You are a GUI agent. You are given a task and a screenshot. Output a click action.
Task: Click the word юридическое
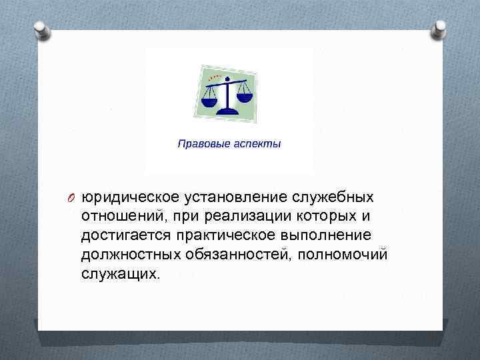pyautogui.click(x=126, y=198)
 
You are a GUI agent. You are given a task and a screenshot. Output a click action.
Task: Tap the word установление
pyautogui.click(x=230, y=198)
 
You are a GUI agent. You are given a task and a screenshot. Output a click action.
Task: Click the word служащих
pyautogui.click(x=120, y=275)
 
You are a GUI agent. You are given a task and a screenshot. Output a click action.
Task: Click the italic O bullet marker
pyautogui.click(x=71, y=198)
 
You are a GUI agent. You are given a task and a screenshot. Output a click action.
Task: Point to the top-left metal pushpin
pyautogui.click(x=40, y=29)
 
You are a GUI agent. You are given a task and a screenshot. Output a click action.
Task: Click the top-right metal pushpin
pyautogui.click(x=440, y=29)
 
